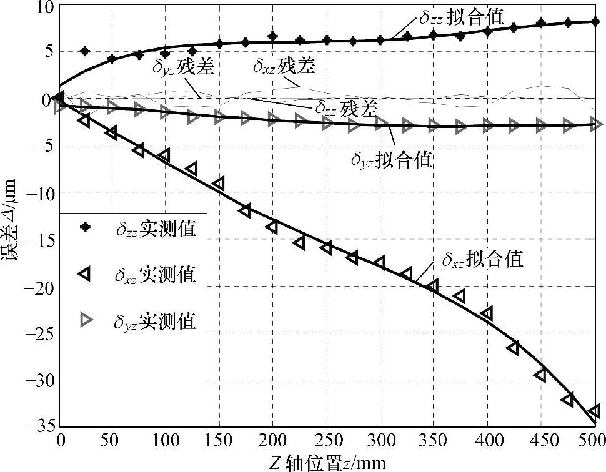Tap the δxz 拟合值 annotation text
pos(482,259)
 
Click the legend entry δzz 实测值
pos(156,229)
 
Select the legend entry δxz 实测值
pos(156,273)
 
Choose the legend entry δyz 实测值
pos(156,321)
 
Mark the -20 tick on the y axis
pos(44,287)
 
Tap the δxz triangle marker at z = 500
pos(594,410)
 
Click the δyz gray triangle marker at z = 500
pos(595,124)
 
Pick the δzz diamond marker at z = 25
pos(86,51)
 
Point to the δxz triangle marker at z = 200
pos(272,226)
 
